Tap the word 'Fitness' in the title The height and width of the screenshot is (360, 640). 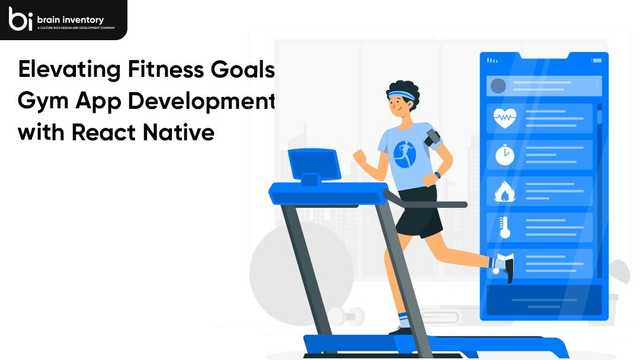(168, 71)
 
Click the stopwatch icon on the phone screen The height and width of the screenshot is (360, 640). (502, 156)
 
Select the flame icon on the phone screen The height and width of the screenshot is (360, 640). (502, 191)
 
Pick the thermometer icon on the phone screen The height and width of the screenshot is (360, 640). (502, 227)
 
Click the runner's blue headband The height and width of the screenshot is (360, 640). (402, 98)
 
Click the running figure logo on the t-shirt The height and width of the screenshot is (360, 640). (403, 153)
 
